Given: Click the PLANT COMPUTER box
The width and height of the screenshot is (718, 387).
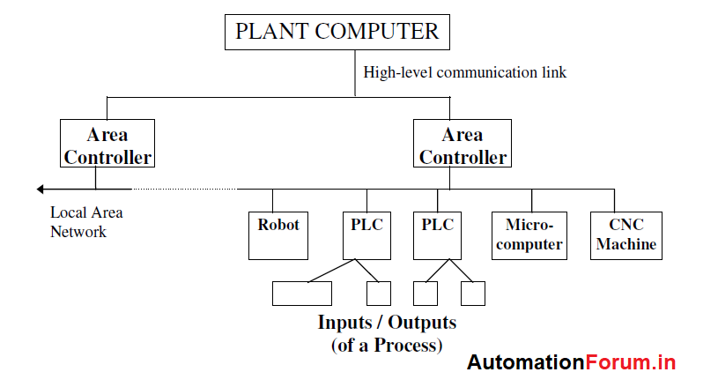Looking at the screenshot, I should point(336,33).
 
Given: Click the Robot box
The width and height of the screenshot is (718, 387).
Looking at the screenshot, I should point(278,234).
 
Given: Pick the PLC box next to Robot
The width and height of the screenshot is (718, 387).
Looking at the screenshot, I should point(366,234).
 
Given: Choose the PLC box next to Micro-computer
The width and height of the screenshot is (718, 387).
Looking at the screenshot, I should point(437,234).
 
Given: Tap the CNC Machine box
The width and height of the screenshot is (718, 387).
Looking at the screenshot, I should point(626,234).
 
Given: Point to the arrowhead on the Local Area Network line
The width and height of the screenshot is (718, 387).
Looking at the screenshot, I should point(41,189).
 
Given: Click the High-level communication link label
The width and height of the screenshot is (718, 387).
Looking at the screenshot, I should point(464,73).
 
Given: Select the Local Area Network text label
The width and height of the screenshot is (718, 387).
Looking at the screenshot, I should point(85,222).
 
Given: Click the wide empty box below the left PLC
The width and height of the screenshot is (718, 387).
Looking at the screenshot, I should point(301,294).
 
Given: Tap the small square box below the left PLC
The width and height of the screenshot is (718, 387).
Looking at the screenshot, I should point(378,294).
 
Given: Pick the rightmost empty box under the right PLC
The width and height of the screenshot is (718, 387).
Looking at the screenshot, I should point(473,294).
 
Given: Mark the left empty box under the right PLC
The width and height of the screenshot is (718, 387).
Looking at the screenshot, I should point(426,294).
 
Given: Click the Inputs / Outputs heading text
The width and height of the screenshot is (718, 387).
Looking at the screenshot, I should point(387,322).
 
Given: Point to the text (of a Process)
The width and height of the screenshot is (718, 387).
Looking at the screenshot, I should point(387,345).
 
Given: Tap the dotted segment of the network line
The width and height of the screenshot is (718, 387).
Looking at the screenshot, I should point(185,189).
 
